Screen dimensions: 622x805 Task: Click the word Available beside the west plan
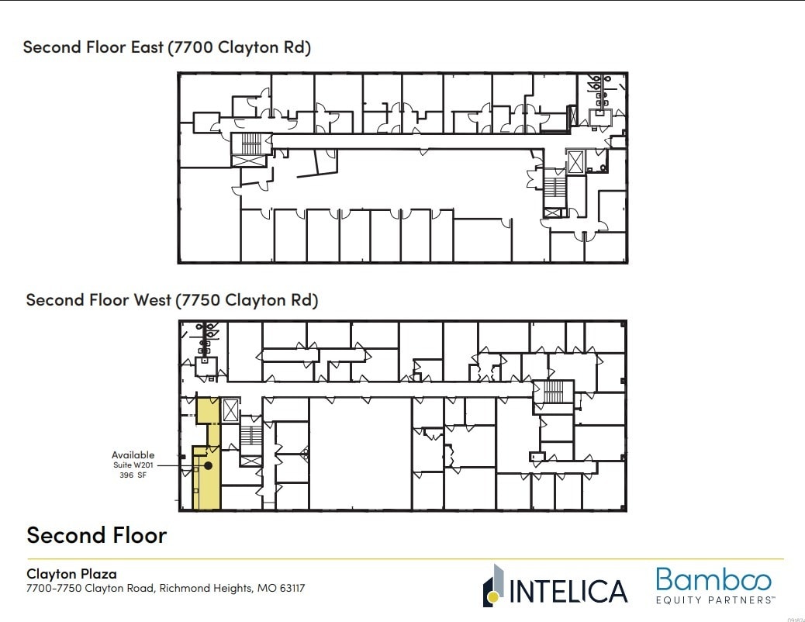[133, 455]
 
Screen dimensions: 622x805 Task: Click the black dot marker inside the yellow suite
[208, 465]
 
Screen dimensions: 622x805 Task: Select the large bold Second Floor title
[97, 535]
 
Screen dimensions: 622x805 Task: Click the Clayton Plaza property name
[71, 574]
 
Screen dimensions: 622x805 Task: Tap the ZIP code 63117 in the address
[289, 589]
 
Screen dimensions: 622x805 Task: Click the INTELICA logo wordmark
[568, 591]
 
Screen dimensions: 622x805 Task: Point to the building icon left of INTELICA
[493, 586]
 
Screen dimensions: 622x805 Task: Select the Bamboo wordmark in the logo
[713, 580]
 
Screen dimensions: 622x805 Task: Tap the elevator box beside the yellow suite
[231, 410]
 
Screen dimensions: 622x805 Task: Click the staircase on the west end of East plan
[250, 143]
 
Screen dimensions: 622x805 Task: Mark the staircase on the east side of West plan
[553, 392]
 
